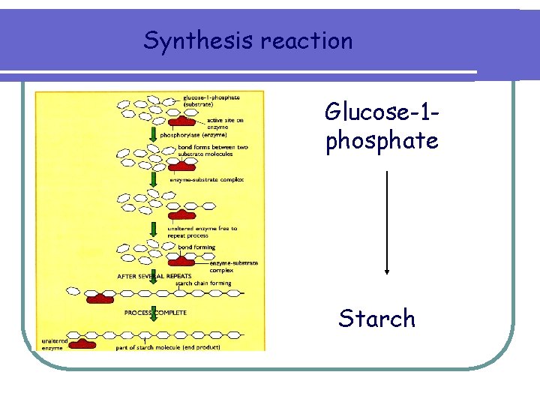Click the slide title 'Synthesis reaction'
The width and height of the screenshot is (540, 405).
pyautogui.click(x=247, y=40)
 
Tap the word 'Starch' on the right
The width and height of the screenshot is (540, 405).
pyautogui.click(x=376, y=318)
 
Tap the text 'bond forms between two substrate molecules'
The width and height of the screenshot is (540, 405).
pyautogui.click(x=212, y=151)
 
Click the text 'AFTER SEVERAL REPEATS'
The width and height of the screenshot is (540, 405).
pyautogui.click(x=154, y=275)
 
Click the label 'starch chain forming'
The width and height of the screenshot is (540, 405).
pyautogui.click(x=202, y=283)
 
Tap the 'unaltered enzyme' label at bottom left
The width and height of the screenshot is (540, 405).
pyautogui.click(x=55, y=343)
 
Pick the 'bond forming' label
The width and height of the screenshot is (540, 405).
pyautogui.click(x=196, y=247)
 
